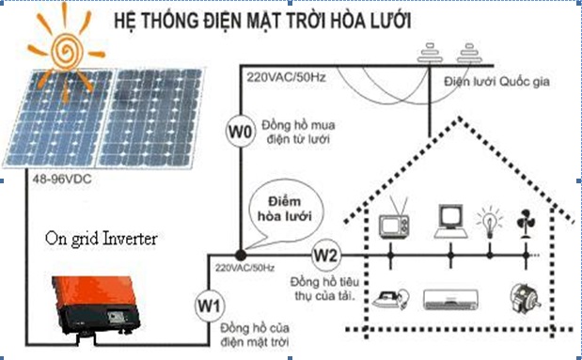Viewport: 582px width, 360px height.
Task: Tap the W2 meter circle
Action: pyautogui.click(x=324, y=253)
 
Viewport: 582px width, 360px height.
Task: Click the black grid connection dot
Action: pyautogui.click(x=241, y=253)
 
